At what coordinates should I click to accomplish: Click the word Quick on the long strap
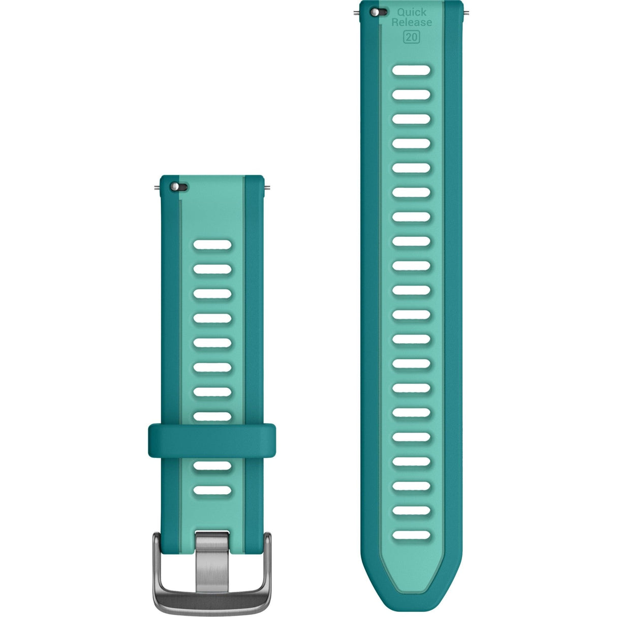click(x=412, y=12)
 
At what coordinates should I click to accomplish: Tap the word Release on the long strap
click(x=412, y=22)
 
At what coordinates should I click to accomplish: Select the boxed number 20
click(x=412, y=37)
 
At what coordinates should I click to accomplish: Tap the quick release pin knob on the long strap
click(x=375, y=12)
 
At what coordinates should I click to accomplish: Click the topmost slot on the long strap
click(x=412, y=70)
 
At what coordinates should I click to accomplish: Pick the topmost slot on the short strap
click(x=212, y=245)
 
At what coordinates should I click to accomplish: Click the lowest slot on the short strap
click(x=212, y=490)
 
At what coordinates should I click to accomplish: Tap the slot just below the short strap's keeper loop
click(x=212, y=466)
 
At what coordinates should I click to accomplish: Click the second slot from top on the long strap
click(x=412, y=95)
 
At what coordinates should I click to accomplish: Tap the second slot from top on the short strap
click(x=212, y=269)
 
